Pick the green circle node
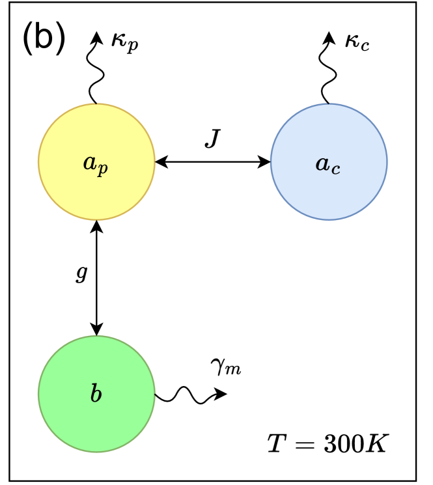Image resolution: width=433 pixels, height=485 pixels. [96, 417]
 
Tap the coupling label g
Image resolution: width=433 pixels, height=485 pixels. [81, 274]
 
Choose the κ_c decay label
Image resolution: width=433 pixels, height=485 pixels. [357, 44]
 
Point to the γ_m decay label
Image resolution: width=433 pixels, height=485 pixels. [226, 368]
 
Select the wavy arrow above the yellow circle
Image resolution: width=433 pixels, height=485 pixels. [96, 68]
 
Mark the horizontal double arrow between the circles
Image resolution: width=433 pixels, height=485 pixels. [213, 161]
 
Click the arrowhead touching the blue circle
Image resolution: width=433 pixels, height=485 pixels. [265, 161]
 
